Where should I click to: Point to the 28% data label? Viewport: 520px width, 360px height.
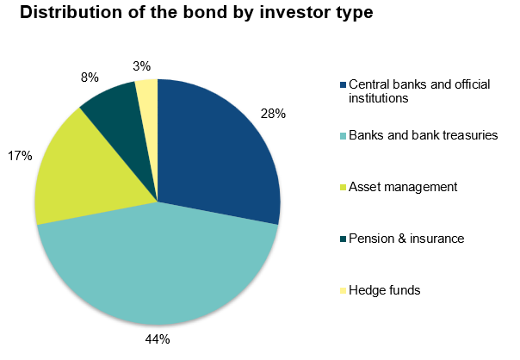(x=273, y=114)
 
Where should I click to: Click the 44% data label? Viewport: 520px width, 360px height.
(x=158, y=339)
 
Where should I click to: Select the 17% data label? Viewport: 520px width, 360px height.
(x=20, y=155)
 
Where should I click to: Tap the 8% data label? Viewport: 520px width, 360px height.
(x=90, y=78)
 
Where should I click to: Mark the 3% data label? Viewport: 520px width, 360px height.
(x=141, y=66)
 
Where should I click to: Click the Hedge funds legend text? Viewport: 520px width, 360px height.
(x=384, y=290)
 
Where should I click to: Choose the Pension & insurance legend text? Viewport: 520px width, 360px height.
(x=406, y=239)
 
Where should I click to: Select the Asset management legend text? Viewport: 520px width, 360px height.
(x=403, y=187)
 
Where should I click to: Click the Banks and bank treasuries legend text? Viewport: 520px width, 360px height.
(x=424, y=135)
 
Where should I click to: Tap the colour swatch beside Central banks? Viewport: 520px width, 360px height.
(x=343, y=84)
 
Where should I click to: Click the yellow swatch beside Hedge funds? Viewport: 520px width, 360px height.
(x=343, y=290)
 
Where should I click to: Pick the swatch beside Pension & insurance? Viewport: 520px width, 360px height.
(x=343, y=239)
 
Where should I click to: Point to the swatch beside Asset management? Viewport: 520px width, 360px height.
(x=343, y=188)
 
